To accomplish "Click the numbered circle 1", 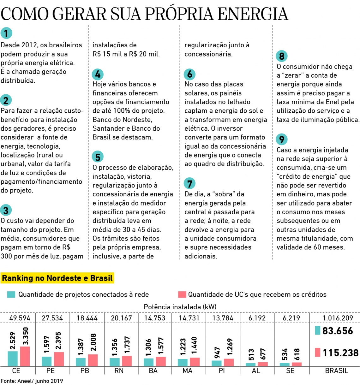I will point(6,33).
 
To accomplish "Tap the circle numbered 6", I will point(189,74).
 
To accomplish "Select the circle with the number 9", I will point(282,139).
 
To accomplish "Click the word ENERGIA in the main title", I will point(253,14).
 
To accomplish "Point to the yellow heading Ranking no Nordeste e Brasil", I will point(57,278).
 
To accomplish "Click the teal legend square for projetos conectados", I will point(11,294).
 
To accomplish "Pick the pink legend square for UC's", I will point(182,294).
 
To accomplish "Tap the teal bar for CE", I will point(13,358).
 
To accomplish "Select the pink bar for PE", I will point(59,359).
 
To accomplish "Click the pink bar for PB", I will point(93,360).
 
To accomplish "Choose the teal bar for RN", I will point(115,362).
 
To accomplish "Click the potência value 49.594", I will point(20,318).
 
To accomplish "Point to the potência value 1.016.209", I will point(338,318).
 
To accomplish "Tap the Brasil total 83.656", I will point(337,331).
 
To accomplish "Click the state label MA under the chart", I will point(187,371).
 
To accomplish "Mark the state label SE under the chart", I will point(290,371).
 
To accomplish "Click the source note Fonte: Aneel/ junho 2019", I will point(32,381).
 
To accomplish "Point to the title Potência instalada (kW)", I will point(180,307).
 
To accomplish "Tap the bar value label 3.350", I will point(26,336).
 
